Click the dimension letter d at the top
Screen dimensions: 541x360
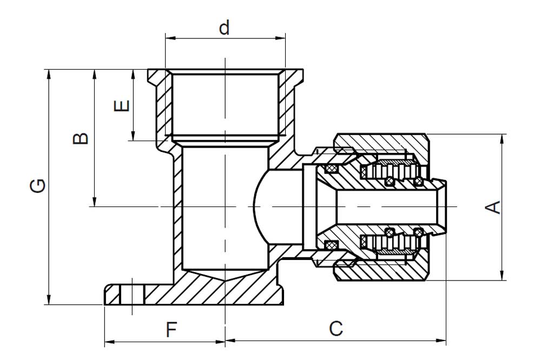[x=225, y=28]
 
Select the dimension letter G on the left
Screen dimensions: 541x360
[x=38, y=186]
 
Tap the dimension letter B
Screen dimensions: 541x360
[x=81, y=138]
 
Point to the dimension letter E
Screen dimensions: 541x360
[x=122, y=106]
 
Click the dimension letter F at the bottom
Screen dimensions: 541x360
[x=171, y=330]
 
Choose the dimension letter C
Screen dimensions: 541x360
[x=336, y=329]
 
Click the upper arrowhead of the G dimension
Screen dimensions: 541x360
[x=49, y=75]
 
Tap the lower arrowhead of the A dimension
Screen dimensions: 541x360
[x=503, y=275]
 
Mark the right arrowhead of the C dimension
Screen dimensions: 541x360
[x=441, y=341]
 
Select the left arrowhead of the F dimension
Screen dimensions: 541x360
[x=109, y=342]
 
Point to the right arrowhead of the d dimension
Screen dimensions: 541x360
[x=280, y=38]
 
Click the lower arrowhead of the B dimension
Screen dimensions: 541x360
[x=94, y=202]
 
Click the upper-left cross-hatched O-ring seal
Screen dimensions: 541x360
[x=331, y=169]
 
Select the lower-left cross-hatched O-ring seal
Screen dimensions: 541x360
[x=331, y=245]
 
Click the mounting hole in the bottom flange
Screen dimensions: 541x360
[x=132, y=295]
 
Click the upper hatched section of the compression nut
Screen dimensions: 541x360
[x=381, y=142]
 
